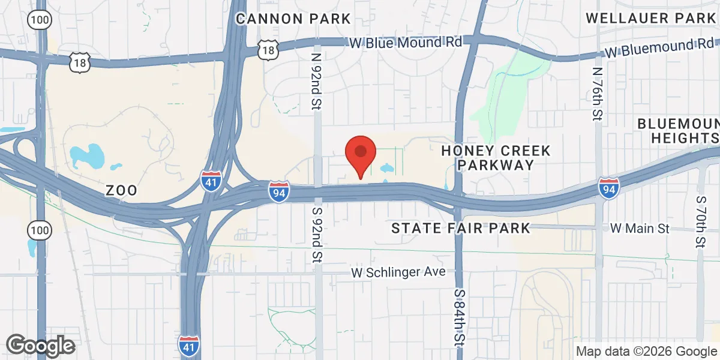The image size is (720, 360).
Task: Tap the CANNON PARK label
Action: click(x=293, y=19)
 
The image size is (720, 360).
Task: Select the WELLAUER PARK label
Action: click(x=652, y=18)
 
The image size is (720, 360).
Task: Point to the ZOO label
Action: click(x=121, y=191)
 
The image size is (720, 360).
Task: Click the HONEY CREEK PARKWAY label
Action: click(x=496, y=158)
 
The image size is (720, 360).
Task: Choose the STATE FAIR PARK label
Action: click(x=461, y=228)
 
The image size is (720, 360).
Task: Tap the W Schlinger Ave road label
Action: click(x=398, y=272)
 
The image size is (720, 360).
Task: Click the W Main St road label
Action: click(x=639, y=229)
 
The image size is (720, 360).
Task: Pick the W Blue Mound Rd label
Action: click(x=406, y=43)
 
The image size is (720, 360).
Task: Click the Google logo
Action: click(x=40, y=345)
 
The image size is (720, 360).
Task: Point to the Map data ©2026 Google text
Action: click(x=646, y=351)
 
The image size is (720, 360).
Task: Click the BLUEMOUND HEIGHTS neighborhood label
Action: click(x=678, y=131)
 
